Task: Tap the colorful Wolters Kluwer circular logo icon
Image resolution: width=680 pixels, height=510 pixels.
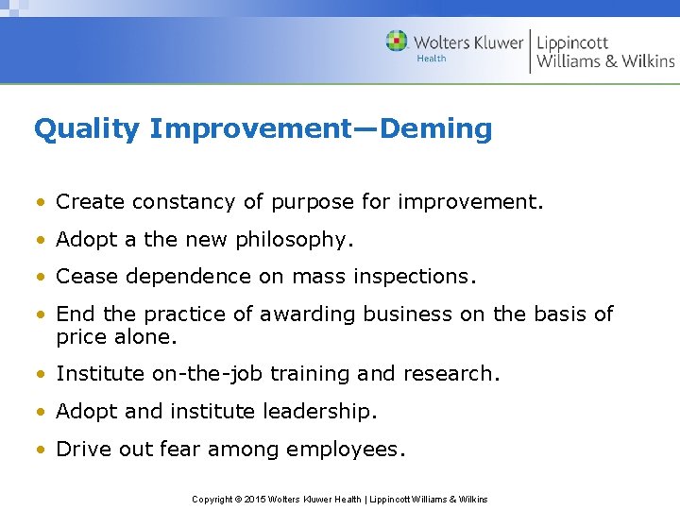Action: (x=397, y=42)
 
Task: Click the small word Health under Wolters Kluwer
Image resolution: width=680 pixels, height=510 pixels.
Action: (x=432, y=59)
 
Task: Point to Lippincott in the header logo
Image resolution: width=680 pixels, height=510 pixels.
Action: (x=572, y=42)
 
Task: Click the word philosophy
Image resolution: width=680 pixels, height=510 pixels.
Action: (x=292, y=241)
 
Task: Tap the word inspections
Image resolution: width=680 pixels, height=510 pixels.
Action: (x=415, y=278)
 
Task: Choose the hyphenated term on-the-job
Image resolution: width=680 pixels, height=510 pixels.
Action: (x=208, y=374)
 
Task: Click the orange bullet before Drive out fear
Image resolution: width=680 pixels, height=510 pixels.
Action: (x=42, y=450)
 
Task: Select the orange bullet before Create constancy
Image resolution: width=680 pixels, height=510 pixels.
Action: (x=42, y=203)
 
